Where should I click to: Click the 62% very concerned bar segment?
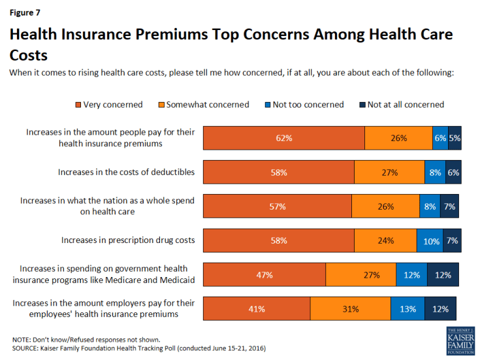pos(283,138)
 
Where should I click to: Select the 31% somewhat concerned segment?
pos(350,309)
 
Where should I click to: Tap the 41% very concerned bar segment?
pos(257,309)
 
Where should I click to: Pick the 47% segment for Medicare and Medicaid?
pos(264,275)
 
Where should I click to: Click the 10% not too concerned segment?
pos(430,240)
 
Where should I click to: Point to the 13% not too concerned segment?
pos(408,309)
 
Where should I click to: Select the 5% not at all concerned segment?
pos(455,138)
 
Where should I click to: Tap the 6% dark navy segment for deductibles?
pos(453,172)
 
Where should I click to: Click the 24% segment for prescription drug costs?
pos(385,240)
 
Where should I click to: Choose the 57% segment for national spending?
pos(278,206)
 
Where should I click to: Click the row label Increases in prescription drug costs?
pos(128,240)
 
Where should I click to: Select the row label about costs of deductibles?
pos(126,172)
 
